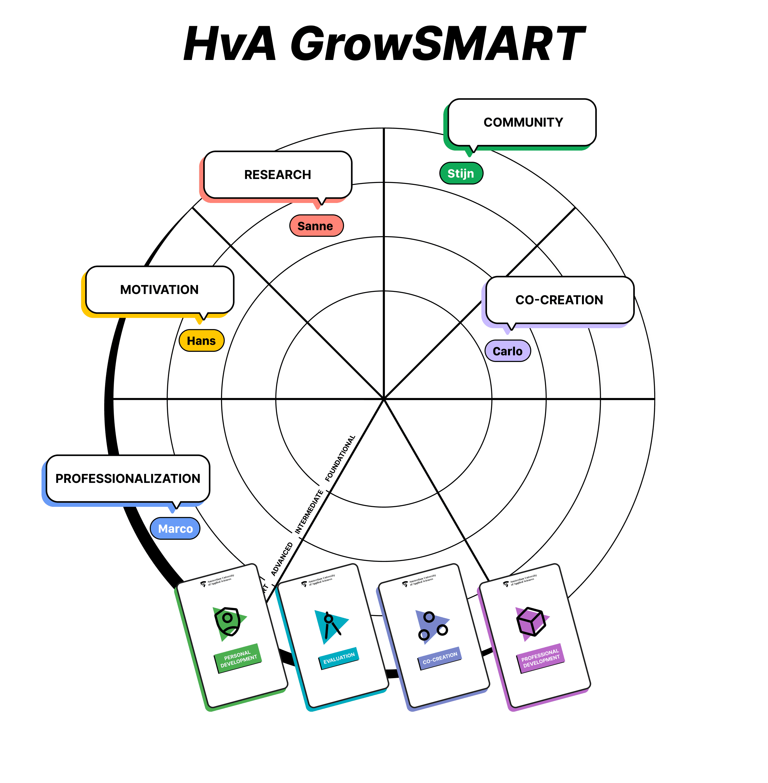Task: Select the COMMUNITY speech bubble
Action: pyautogui.click(x=522, y=122)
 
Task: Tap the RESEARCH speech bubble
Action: pyautogui.click(x=278, y=175)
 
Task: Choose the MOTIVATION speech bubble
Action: pyautogui.click(x=159, y=290)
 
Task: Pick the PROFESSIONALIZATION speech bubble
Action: pyautogui.click(x=128, y=479)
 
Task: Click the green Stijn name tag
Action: pyautogui.click(x=461, y=173)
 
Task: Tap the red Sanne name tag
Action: pyautogui.click(x=316, y=226)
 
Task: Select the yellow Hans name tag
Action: pyautogui.click(x=201, y=341)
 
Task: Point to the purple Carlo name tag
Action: pyautogui.click(x=507, y=351)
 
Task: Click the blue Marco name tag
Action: pyautogui.click(x=175, y=528)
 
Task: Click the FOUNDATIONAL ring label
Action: pyautogui.click(x=340, y=458)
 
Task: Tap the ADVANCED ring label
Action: pyautogui.click(x=282, y=559)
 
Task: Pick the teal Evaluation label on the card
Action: pyautogui.click(x=339, y=658)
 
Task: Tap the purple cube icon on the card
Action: pyautogui.click(x=531, y=622)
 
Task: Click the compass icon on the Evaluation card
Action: pyautogui.click(x=331, y=625)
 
